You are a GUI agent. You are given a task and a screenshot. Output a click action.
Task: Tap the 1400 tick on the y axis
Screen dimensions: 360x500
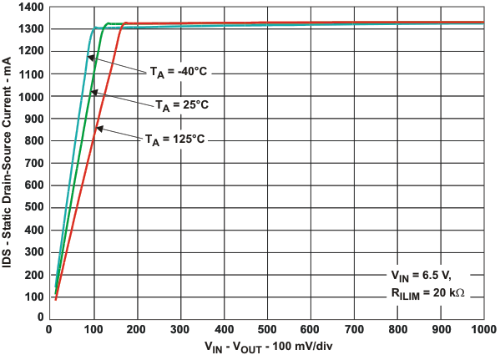pyautogui.click(x=26, y=7)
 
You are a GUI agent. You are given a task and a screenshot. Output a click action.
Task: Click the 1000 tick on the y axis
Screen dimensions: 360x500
pyautogui.click(x=26, y=96)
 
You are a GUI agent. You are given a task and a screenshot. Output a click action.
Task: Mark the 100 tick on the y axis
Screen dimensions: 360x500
pyautogui.click(x=29, y=297)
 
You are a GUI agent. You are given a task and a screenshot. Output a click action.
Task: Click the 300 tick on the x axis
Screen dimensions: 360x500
pyautogui.click(x=180, y=327)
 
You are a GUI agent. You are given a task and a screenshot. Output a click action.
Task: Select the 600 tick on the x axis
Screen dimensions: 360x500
pyautogui.click(x=311, y=327)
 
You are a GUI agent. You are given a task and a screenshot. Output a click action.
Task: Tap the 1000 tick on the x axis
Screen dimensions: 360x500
pyautogui.click(x=483, y=327)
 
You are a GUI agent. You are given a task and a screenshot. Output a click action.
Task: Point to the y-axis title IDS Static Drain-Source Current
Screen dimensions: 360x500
pyautogui.click(x=8, y=162)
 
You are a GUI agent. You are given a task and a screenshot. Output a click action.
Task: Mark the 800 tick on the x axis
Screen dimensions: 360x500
pyautogui.click(x=397, y=327)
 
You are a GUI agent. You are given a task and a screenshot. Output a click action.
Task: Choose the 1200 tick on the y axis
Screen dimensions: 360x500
pyautogui.click(x=26, y=52)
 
